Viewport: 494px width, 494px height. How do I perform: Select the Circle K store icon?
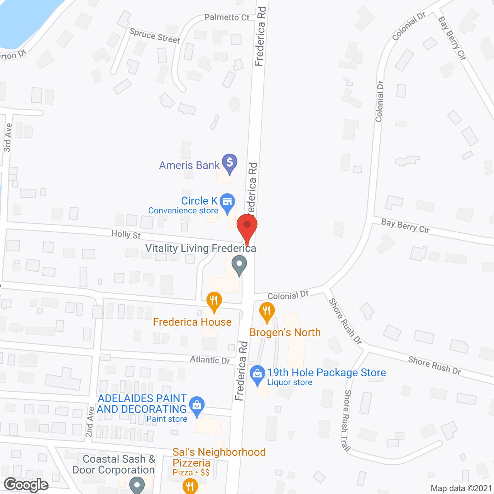tap(227, 202)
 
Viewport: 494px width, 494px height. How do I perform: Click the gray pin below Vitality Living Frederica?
tap(239, 265)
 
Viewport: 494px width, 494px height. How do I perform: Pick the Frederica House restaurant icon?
tap(214, 301)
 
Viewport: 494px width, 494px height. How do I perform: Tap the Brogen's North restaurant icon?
tap(267, 311)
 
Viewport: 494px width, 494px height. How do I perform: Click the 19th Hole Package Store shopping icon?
tap(257, 374)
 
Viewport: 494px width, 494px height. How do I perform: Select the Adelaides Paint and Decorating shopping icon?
tap(197, 405)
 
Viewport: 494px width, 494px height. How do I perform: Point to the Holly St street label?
tap(126, 234)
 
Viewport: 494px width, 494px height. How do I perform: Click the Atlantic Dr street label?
tap(210, 360)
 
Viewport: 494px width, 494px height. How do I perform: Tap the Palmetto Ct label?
tap(227, 17)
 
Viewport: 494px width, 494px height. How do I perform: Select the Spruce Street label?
tap(155, 36)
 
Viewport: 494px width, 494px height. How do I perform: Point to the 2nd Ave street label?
tap(90, 422)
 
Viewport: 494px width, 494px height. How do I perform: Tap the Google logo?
tap(26, 485)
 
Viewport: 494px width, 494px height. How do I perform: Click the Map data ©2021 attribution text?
tap(461, 488)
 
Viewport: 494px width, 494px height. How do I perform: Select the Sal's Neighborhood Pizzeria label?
tap(219, 457)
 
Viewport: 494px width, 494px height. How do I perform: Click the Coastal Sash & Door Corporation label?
tap(114, 464)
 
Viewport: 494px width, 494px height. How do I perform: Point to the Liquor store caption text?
tap(289, 382)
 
